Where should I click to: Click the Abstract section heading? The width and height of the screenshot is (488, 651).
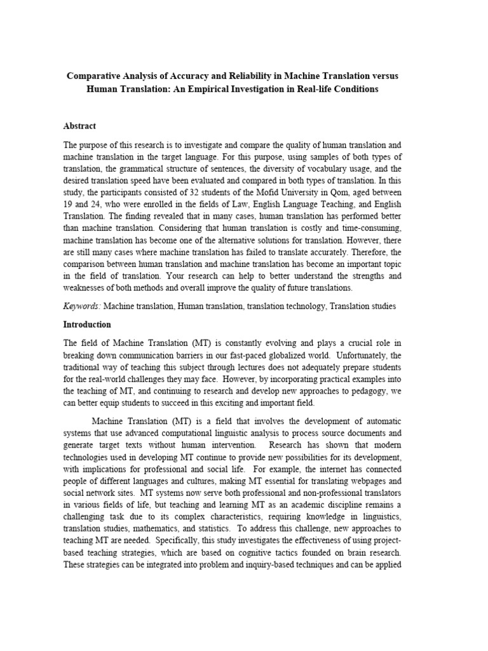[79, 126]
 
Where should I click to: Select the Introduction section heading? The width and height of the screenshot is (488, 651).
[88, 324]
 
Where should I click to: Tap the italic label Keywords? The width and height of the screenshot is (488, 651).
[82, 306]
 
